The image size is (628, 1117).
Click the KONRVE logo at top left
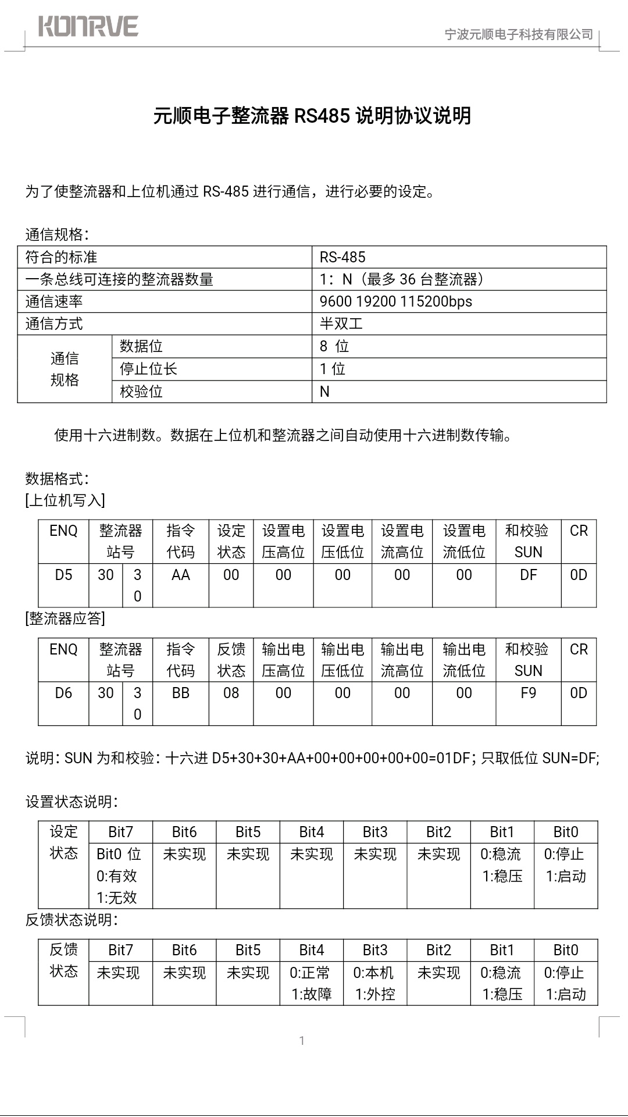tap(88, 27)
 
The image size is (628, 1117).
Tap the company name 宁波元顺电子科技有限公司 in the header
tap(519, 34)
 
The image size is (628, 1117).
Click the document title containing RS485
tap(312, 116)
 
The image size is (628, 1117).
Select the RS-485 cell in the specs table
tap(342, 257)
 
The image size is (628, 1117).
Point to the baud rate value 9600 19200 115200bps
tap(395, 301)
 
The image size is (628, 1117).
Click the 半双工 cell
tap(341, 323)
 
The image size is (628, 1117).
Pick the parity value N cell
tap(324, 392)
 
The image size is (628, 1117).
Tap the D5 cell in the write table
tap(63, 575)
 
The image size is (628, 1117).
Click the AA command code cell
tap(180, 575)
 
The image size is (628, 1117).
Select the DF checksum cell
tap(528, 575)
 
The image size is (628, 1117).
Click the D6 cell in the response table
tap(63, 693)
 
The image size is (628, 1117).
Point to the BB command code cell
tap(180, 693)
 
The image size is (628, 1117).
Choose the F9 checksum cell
tap(528, 693)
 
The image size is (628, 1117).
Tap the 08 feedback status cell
tap(231, 693)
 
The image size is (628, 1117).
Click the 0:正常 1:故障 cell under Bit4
tap(311, 983)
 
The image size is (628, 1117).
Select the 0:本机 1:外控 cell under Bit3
tap(374, 983)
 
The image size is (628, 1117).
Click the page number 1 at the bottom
tap(302, 1041)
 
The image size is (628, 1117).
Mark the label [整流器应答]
tap(65, 618)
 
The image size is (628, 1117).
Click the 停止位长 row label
tap(148, 369)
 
